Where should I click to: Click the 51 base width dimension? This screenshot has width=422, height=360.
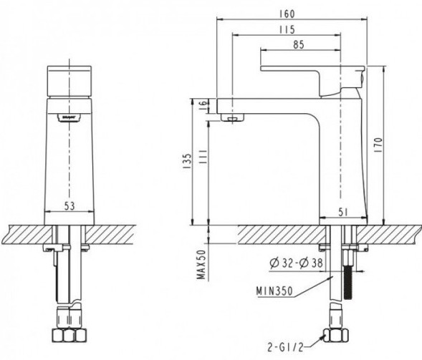343,211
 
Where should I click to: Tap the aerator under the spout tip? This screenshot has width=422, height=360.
232,117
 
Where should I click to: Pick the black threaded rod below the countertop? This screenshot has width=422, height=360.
351,276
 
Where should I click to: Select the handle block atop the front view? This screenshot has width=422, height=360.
69,82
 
